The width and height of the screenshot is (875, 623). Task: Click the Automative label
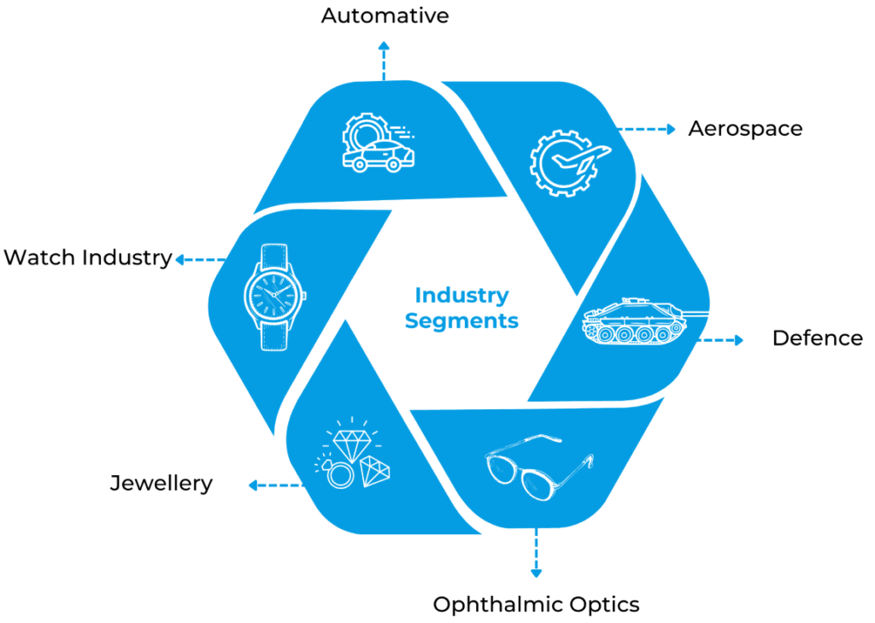pyautogui.click(x=385, y=15)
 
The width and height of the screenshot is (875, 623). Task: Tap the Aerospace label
pyautogui.click(x=745, y=129)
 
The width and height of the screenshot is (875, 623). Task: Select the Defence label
pyautogui.click(x=818, y=338)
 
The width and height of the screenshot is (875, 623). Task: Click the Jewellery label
pyautogui.click(x=161, y=484)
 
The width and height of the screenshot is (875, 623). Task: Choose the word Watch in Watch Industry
pyautogui.click(x=40, y=257)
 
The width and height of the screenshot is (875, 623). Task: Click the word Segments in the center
pyautogui.click(x=461, y=321)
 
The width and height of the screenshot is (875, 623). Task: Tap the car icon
pyautogui.click(x=379, y=156)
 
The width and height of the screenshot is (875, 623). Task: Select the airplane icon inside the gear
pyautogui.click(x=580, y=159)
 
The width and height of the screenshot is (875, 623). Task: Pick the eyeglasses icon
pyautogui.click(x=539, y=467)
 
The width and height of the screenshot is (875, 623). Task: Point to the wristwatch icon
pyautogui.click(x=274, y=297)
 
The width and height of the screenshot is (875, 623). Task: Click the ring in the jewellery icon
pyautogui.click(x=338, y=474)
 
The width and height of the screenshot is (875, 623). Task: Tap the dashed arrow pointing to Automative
pyautogui.click(x=384, y=61)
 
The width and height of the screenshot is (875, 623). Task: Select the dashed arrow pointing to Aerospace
pyautogui.click(x=646, y=130)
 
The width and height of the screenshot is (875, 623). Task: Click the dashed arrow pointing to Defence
pyautogui.click(x=719, y=340)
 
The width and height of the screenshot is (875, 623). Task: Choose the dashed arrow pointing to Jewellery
pyautogui.click(x=276, y=485)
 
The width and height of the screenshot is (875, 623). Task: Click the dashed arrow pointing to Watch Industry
pyautogui.click(x=200, y=260)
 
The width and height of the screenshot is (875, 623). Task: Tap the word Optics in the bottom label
pyautogui.click(x=601, y=604)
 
